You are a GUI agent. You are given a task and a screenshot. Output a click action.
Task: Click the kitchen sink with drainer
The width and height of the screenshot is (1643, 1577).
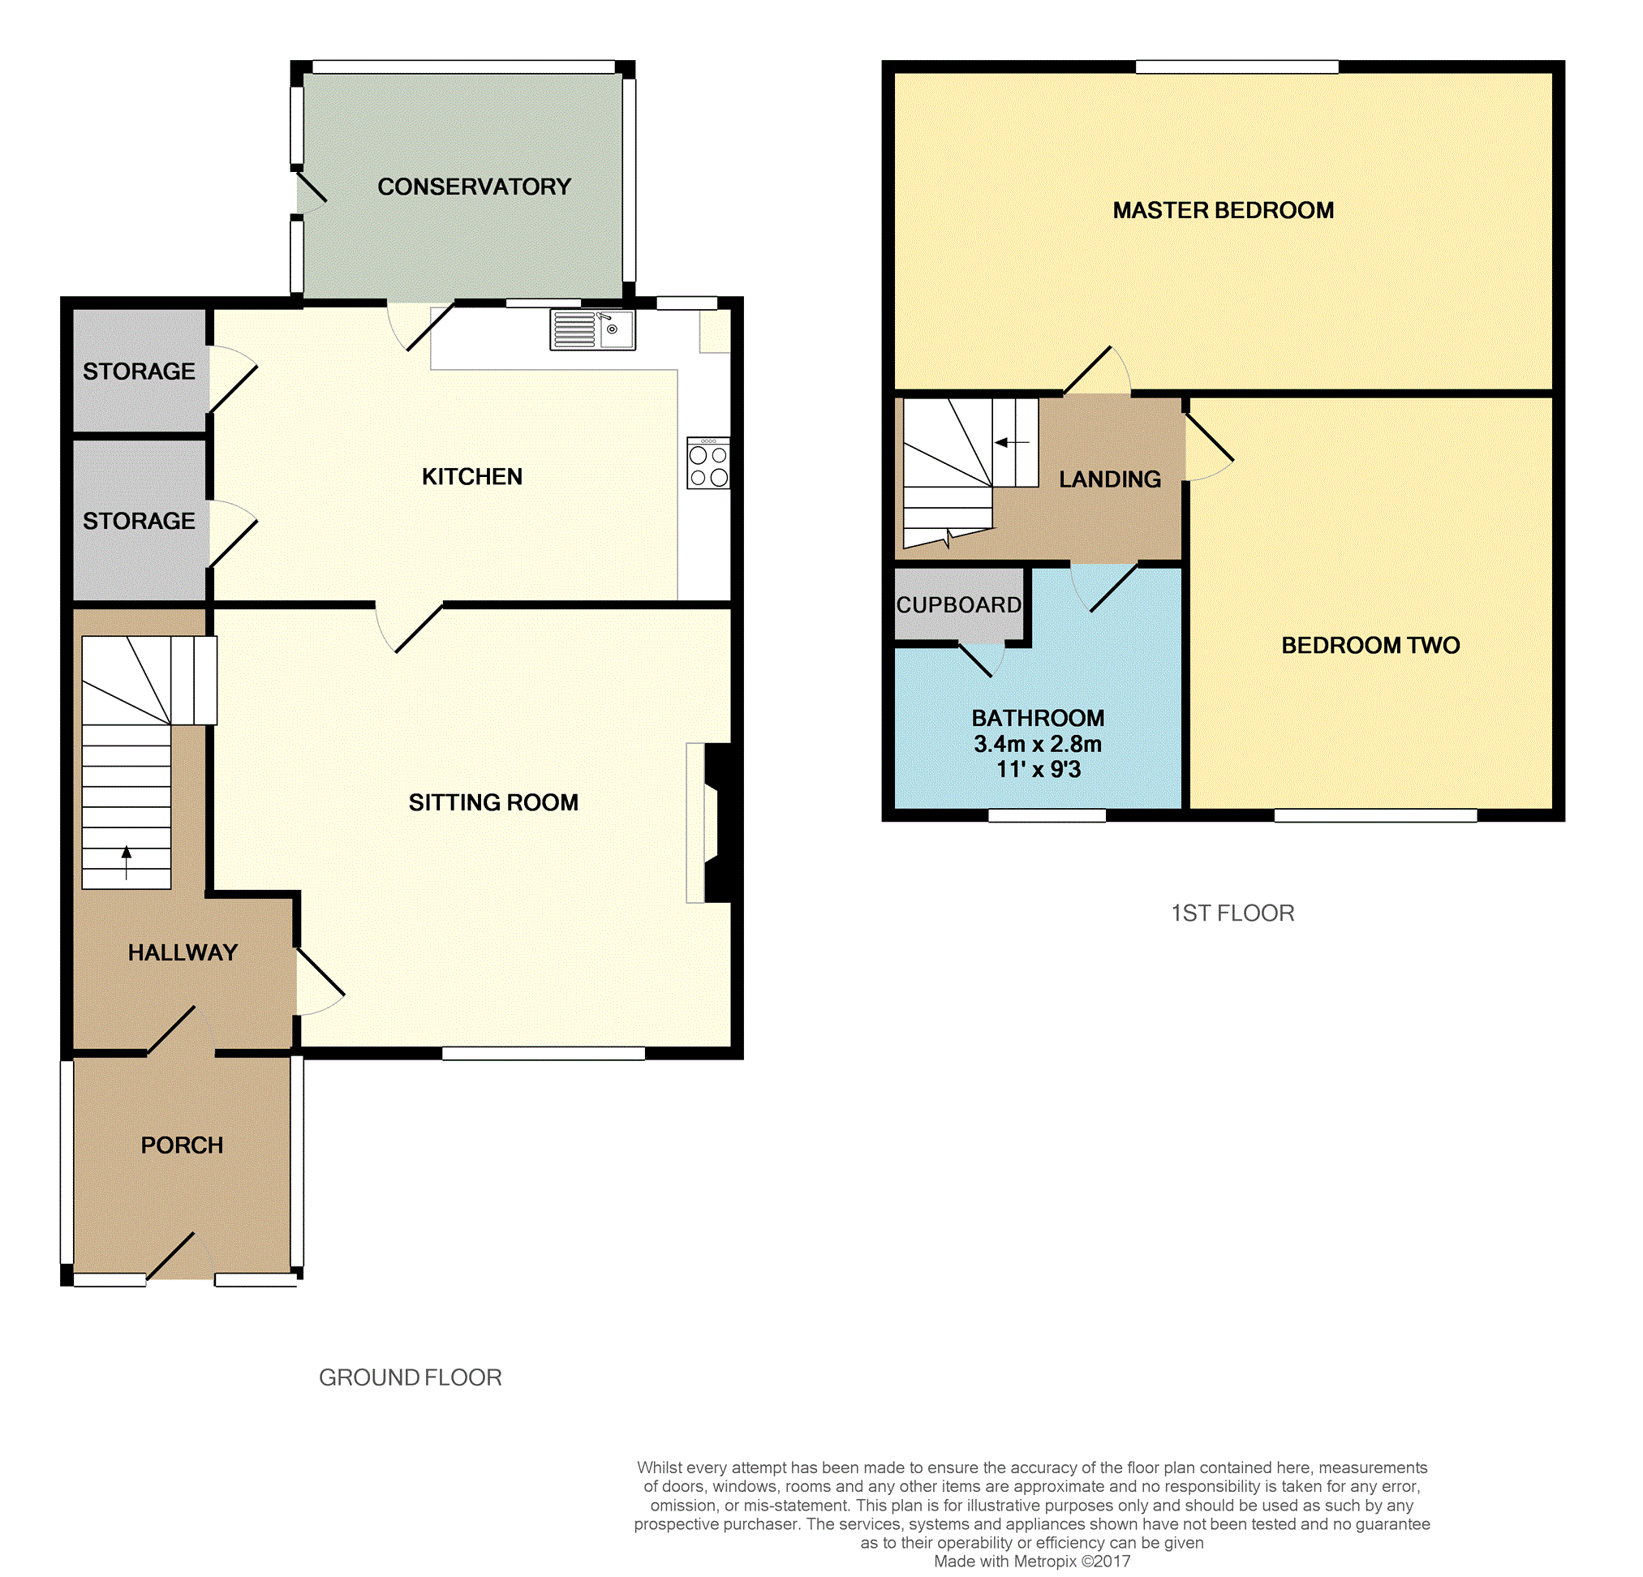(591, 329)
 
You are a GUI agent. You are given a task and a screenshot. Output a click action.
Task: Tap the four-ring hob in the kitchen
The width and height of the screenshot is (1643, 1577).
(708, 462)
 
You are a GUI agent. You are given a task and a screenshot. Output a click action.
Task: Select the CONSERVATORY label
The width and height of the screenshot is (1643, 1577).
(474, 186)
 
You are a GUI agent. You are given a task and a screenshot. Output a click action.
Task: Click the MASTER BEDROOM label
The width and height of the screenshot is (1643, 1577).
(1223, 210)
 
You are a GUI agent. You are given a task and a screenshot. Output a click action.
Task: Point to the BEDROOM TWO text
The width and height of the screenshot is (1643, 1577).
(1370, 645)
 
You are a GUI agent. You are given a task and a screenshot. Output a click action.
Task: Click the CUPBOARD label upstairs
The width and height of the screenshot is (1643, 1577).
(959, 604)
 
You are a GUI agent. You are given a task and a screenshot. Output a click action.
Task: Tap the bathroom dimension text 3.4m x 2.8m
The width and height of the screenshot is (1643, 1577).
(1038, 744)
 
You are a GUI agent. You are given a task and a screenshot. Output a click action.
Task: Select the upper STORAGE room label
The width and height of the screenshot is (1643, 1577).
(140, 372)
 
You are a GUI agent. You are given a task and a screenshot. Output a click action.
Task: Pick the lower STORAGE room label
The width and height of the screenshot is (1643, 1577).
(140, 521)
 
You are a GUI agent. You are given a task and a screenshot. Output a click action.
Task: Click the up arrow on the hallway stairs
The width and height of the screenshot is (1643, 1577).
(127, 862)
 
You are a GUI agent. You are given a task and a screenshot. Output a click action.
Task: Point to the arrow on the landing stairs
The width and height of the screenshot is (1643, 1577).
(1012, 441)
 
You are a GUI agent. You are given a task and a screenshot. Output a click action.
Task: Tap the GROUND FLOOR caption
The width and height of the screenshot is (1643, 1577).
(410, 1377)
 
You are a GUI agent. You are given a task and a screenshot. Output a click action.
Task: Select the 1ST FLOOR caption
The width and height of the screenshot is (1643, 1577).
(1232, 913)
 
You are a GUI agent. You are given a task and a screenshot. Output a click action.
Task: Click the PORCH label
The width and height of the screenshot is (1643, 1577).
(182, 1145)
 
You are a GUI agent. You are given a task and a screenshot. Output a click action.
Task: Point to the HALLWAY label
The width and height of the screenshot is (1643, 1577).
(183, 952)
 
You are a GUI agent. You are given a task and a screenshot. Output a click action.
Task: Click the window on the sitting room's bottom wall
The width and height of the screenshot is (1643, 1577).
(543, 1053)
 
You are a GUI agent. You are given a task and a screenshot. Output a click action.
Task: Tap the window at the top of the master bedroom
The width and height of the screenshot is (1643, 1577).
(1237, 67)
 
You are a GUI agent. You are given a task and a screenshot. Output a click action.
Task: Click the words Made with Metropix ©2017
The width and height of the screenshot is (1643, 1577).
(1032, 1561)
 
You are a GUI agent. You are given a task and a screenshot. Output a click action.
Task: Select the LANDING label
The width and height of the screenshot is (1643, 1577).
(1110, 479)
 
